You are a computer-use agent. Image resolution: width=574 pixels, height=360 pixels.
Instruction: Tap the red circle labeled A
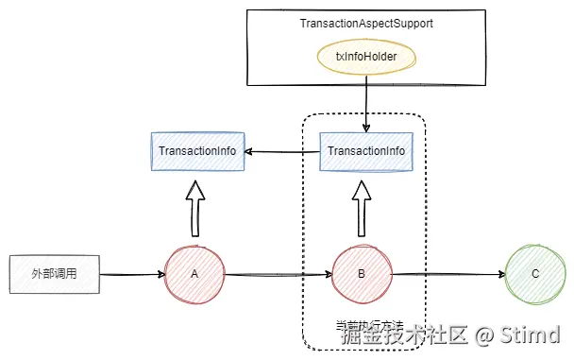click(x=194, y=274)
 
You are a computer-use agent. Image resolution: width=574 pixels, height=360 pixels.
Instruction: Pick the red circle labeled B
click(x=363, y=274)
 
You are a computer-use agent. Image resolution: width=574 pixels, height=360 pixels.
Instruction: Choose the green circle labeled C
click(x=534, y=274)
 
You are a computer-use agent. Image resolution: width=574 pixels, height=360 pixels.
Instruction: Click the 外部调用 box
click(x=54, y=273)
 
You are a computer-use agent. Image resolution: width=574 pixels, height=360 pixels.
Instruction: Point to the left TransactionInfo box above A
click(x=199, y=151)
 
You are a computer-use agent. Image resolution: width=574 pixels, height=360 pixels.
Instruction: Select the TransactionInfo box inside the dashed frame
click(x=365, y=151)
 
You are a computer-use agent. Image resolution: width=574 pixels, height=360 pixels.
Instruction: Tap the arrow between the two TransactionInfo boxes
click(x=283, y=151)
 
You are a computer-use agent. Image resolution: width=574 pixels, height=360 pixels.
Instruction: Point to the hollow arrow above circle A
click(x=195, y=208)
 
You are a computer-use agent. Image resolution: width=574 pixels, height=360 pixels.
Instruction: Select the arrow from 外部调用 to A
click(x=132, y=274)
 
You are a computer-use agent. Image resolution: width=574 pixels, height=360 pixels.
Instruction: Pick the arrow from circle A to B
click(x=279, y=275)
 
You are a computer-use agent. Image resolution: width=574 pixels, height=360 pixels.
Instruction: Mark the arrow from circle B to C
click(x=448, y=275)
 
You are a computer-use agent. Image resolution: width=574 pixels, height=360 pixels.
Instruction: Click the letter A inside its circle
click(x=194, y=274)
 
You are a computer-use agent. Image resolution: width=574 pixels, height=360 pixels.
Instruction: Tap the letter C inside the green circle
click(x=534, y=274)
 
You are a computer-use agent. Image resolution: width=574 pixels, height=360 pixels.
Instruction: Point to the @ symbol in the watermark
click(x=484, y=334)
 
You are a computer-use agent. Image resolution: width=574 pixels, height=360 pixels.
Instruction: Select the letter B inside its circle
click(x=363, y=274)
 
